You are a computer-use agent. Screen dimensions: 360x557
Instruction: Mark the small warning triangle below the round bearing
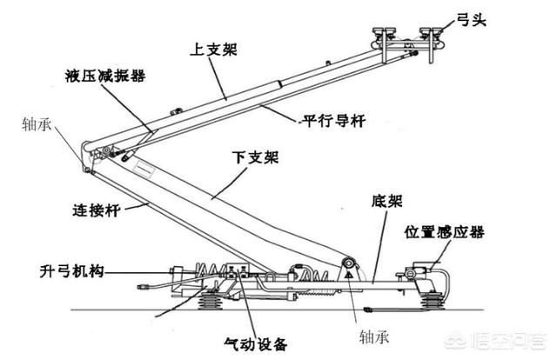coord(349,277)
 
